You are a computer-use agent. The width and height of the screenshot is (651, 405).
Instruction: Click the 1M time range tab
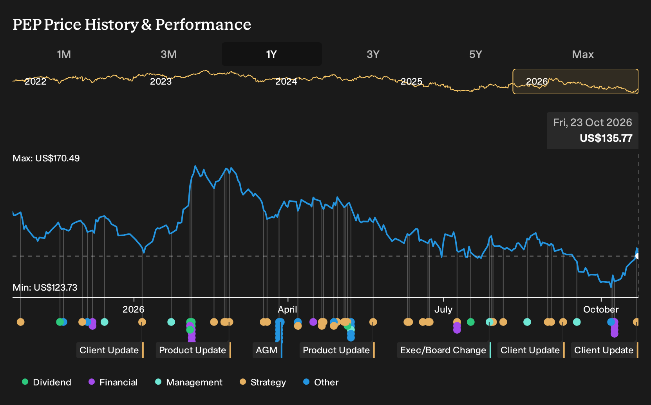pos(64,54)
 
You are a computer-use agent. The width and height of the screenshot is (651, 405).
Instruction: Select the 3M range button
pos(168,54)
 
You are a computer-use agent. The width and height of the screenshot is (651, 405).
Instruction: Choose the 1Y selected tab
pos(272,54)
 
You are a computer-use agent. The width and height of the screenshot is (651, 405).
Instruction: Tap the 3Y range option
pos(373,54)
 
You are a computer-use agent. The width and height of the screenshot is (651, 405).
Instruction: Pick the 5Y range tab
pos(476,54)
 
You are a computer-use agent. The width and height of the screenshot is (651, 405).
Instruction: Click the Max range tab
pos(583,54)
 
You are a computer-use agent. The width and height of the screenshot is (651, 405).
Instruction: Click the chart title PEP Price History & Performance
pos(132,24)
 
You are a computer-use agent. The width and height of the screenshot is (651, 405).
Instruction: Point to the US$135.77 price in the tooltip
pos(606,138)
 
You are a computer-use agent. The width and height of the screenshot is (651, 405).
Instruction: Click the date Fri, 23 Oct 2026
pos(593,123)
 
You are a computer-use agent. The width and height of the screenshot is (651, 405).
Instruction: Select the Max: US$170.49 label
pos(46,158)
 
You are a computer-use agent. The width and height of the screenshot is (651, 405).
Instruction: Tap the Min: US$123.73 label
pos(45,287)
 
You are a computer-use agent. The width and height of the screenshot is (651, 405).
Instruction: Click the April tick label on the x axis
pos(288,309)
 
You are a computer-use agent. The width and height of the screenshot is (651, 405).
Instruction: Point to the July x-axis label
pos(443,309)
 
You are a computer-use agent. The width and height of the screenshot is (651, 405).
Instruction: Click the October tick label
pos(601,309)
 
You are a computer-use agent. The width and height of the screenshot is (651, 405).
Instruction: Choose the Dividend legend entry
pos(47,382)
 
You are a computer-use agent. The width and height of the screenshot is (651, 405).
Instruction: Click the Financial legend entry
pos(113,382)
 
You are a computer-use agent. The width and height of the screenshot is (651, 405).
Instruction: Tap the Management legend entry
pos(189,382)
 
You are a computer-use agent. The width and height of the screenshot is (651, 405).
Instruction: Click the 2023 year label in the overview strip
pos(161,81)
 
